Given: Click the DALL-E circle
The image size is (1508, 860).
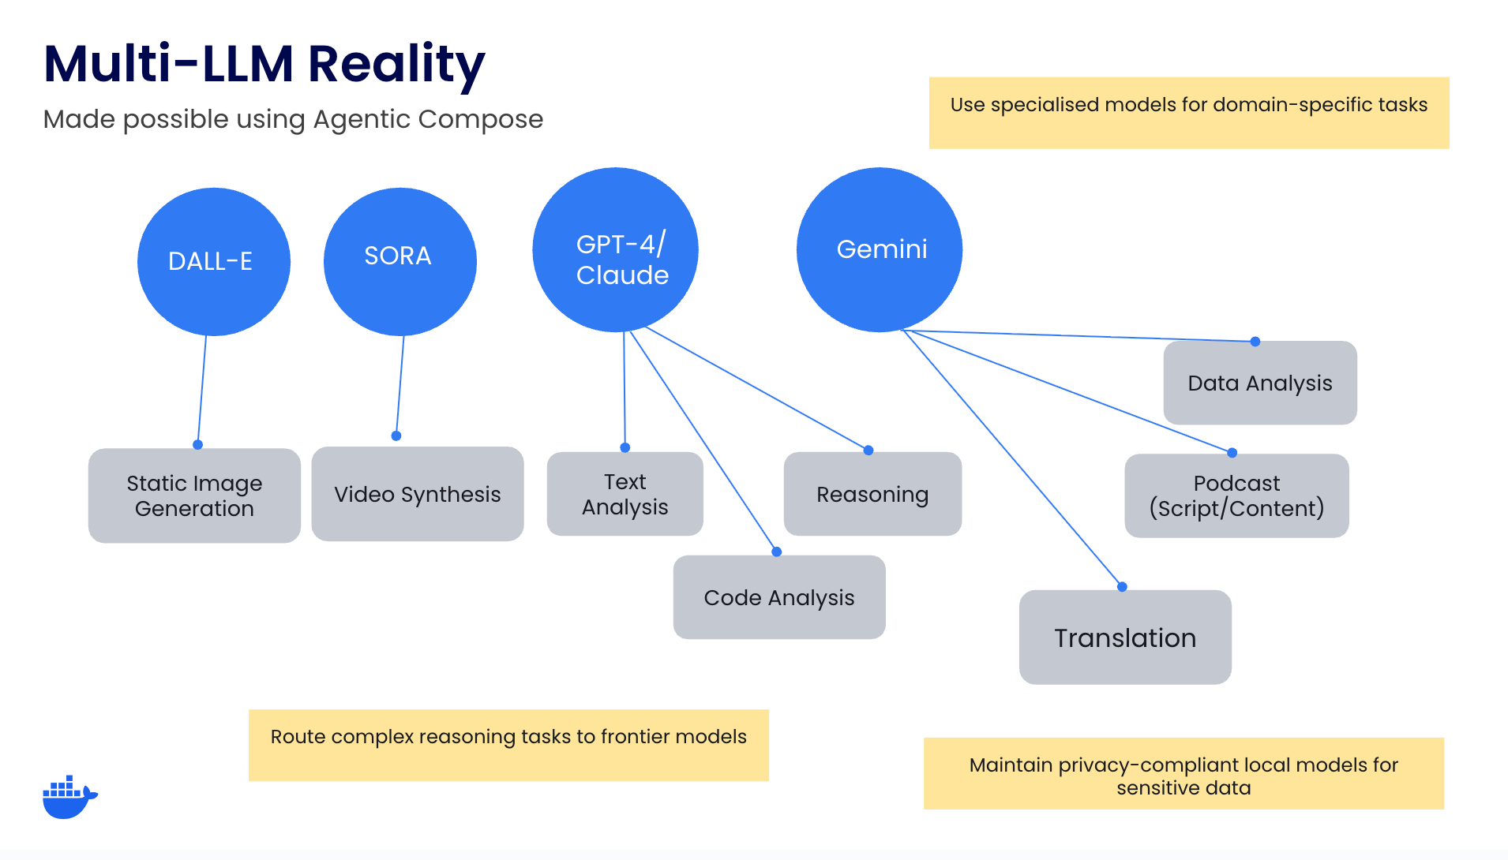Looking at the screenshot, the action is coord(214,262).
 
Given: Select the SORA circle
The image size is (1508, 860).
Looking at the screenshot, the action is coord(400,262).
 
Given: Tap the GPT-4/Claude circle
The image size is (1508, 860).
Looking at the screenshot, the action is coord(616,250).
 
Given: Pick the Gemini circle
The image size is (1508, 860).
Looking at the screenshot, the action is coord(880,250).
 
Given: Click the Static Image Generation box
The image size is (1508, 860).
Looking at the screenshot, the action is coord(194,495).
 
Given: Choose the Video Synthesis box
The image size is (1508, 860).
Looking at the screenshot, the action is coord(418,494).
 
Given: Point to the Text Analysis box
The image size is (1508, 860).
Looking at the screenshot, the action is coord(625,494).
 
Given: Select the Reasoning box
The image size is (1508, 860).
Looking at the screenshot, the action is coord(873,494).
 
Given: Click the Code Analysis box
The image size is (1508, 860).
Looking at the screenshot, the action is coord(779,597).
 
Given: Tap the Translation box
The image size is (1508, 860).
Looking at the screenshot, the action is coord(1126,638).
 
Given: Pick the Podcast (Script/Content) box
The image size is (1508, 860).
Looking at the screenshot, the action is coord(1237,495).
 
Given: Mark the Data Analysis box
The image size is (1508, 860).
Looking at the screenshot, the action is coord(1261,383).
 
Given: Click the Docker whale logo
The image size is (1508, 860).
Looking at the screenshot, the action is coord(69,797).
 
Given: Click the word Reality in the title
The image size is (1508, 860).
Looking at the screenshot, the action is coord(397,65).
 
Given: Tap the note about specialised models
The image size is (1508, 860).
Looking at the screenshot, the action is coord(1189,113).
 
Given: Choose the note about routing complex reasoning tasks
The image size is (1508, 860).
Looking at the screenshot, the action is coord(509,746).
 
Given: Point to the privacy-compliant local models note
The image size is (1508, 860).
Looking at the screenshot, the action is coord(1184,774).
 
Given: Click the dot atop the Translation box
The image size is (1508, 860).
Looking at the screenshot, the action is coord(1122,587).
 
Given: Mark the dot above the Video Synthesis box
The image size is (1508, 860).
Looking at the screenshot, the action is coord(396,436).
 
